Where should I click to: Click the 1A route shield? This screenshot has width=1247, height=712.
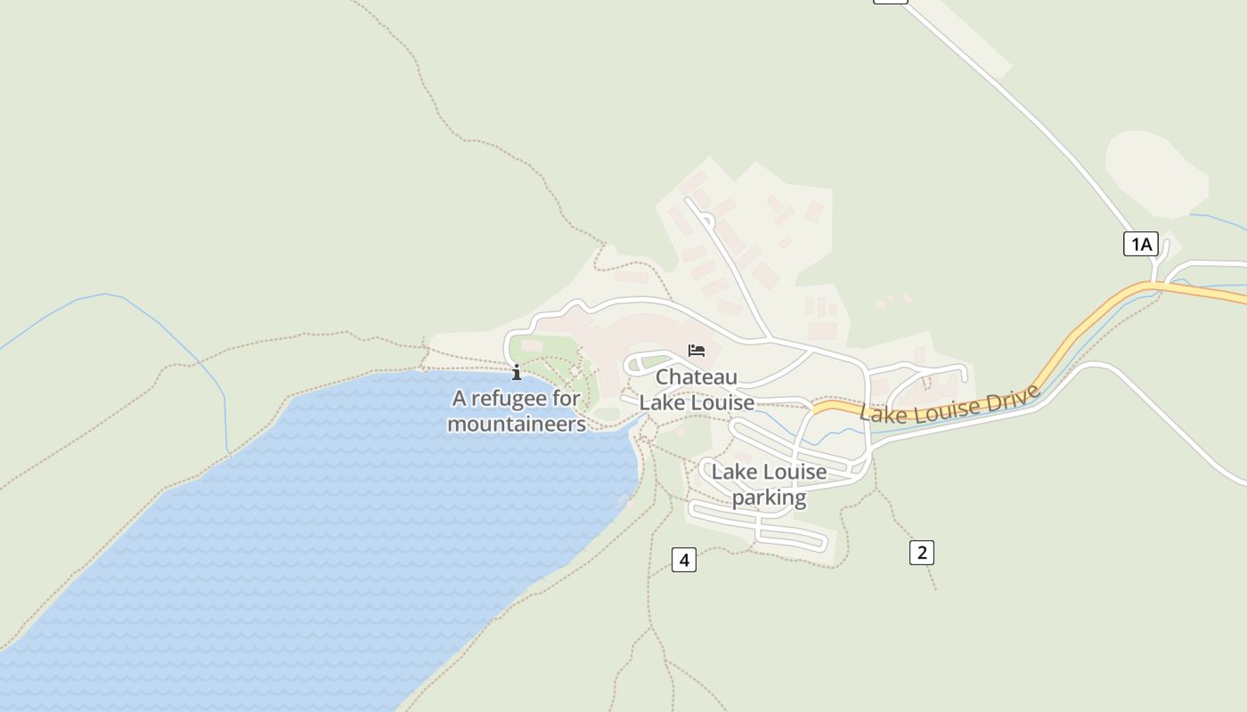[1140, 244]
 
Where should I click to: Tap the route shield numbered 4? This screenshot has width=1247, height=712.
[683, 560]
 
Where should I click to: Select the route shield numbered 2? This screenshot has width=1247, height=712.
[922, 552]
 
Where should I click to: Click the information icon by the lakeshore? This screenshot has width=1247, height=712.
[516, 372]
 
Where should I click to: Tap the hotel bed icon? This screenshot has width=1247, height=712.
[697, 351]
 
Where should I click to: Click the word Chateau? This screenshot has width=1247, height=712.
[697, 377]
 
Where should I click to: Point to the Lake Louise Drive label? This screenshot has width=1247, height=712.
[950, 406]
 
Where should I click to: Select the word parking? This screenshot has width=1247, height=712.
[769, 497]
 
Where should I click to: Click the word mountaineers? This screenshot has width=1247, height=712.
[517, 424]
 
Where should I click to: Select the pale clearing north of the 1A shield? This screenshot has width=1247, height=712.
[1156, 173]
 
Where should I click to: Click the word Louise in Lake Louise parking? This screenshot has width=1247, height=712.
[791, 472]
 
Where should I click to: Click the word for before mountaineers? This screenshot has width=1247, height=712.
[566, 398]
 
